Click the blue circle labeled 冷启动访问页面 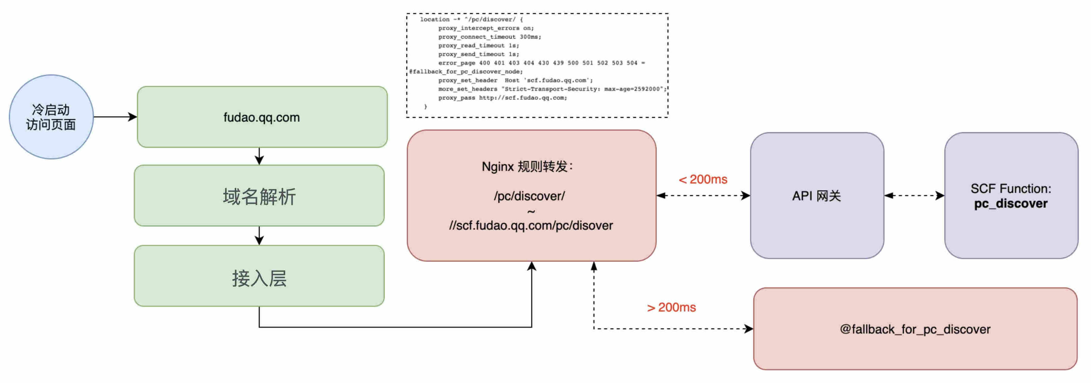[51, 117]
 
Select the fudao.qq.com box [262, 117]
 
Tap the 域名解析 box [259, 195]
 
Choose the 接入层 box [259, 276]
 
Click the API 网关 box [817, 195]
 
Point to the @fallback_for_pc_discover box [915, 329]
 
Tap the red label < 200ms [703, 179]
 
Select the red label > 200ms [671, 307]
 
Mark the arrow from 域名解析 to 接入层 [259, 236]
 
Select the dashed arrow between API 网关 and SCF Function [914, 195]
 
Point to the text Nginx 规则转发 [527, 167]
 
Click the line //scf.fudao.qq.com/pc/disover [531, 226]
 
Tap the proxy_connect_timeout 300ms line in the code [490, 37]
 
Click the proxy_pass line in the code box [503, 98]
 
